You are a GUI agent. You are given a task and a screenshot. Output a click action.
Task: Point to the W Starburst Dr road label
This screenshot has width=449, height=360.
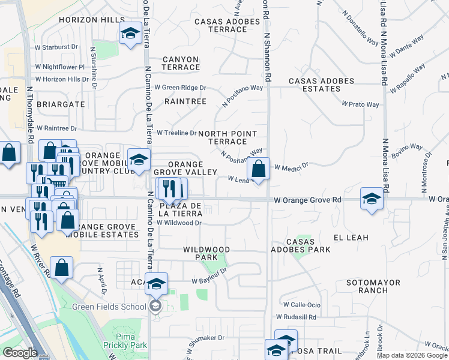point(57,46)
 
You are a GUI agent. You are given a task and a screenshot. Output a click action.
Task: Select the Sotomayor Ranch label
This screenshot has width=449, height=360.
point(367,286)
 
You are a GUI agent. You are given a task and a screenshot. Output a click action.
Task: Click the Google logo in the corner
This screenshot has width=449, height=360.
point(20,353)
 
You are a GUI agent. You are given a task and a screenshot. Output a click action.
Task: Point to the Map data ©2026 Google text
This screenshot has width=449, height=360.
point(412,355)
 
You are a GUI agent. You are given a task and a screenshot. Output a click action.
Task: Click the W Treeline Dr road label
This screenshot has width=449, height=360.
point(176,133)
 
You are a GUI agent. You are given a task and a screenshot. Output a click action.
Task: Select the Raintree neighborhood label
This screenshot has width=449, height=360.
point(186,102)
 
